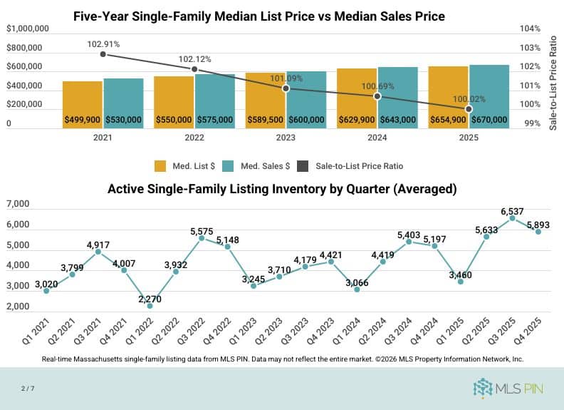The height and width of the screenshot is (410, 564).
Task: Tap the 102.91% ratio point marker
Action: tap(103, 54)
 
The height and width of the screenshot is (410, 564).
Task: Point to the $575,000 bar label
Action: tap(214, 120)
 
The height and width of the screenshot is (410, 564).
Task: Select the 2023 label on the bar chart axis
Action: tap(286, 139)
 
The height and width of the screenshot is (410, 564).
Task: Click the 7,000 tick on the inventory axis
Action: tap(17, 205)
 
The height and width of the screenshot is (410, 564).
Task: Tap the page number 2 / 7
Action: tap(28, 387)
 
